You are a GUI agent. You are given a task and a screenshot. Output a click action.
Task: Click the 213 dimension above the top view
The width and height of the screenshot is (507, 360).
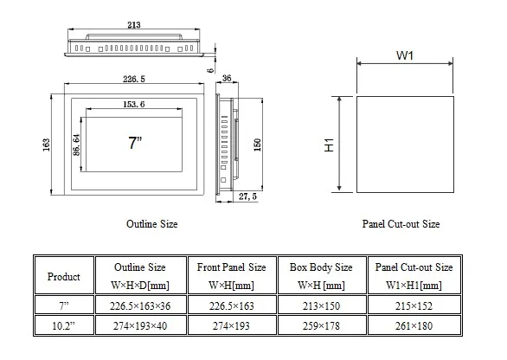pos(134,25)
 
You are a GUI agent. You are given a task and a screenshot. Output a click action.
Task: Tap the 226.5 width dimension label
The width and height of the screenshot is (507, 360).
pos(134,79)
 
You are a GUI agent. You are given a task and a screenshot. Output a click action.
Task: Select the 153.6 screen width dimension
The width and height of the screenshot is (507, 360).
pos(134,104)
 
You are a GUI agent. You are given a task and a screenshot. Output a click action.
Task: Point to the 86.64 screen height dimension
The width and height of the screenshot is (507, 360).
pos(76,145)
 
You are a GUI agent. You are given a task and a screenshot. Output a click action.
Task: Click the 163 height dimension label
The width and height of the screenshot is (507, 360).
pos(46,145)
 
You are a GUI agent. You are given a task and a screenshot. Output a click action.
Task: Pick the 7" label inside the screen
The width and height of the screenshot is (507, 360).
pos(135,143)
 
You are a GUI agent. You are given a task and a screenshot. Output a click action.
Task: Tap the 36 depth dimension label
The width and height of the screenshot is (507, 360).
pos(227,78)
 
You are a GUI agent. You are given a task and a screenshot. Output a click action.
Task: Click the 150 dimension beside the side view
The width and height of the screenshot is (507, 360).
pos(257,145)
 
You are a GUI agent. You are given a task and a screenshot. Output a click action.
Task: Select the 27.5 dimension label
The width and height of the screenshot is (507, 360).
pos(247,196)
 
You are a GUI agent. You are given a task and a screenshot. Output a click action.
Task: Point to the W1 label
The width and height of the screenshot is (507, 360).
pos(405,55)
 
